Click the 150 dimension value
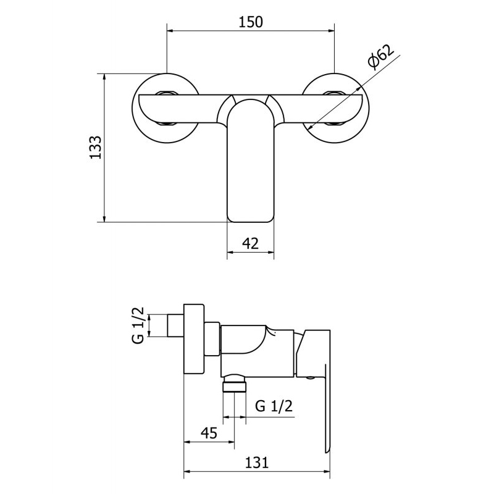tap(251, 22)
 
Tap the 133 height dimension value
tap(96, 148)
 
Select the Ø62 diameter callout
tap(380, 57)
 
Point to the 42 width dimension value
tap(251, 243)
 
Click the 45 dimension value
tap(209, 433)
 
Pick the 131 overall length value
tap(257, 463)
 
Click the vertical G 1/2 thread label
tap(138, 325)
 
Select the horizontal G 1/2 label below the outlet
tap(274, 406)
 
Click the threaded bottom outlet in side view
tap(234, 383)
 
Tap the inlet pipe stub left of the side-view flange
tap(175, 326)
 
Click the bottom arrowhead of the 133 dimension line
tap(104, 219)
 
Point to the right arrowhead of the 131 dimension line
tap(327, 472)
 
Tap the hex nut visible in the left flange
tap(167, 93)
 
